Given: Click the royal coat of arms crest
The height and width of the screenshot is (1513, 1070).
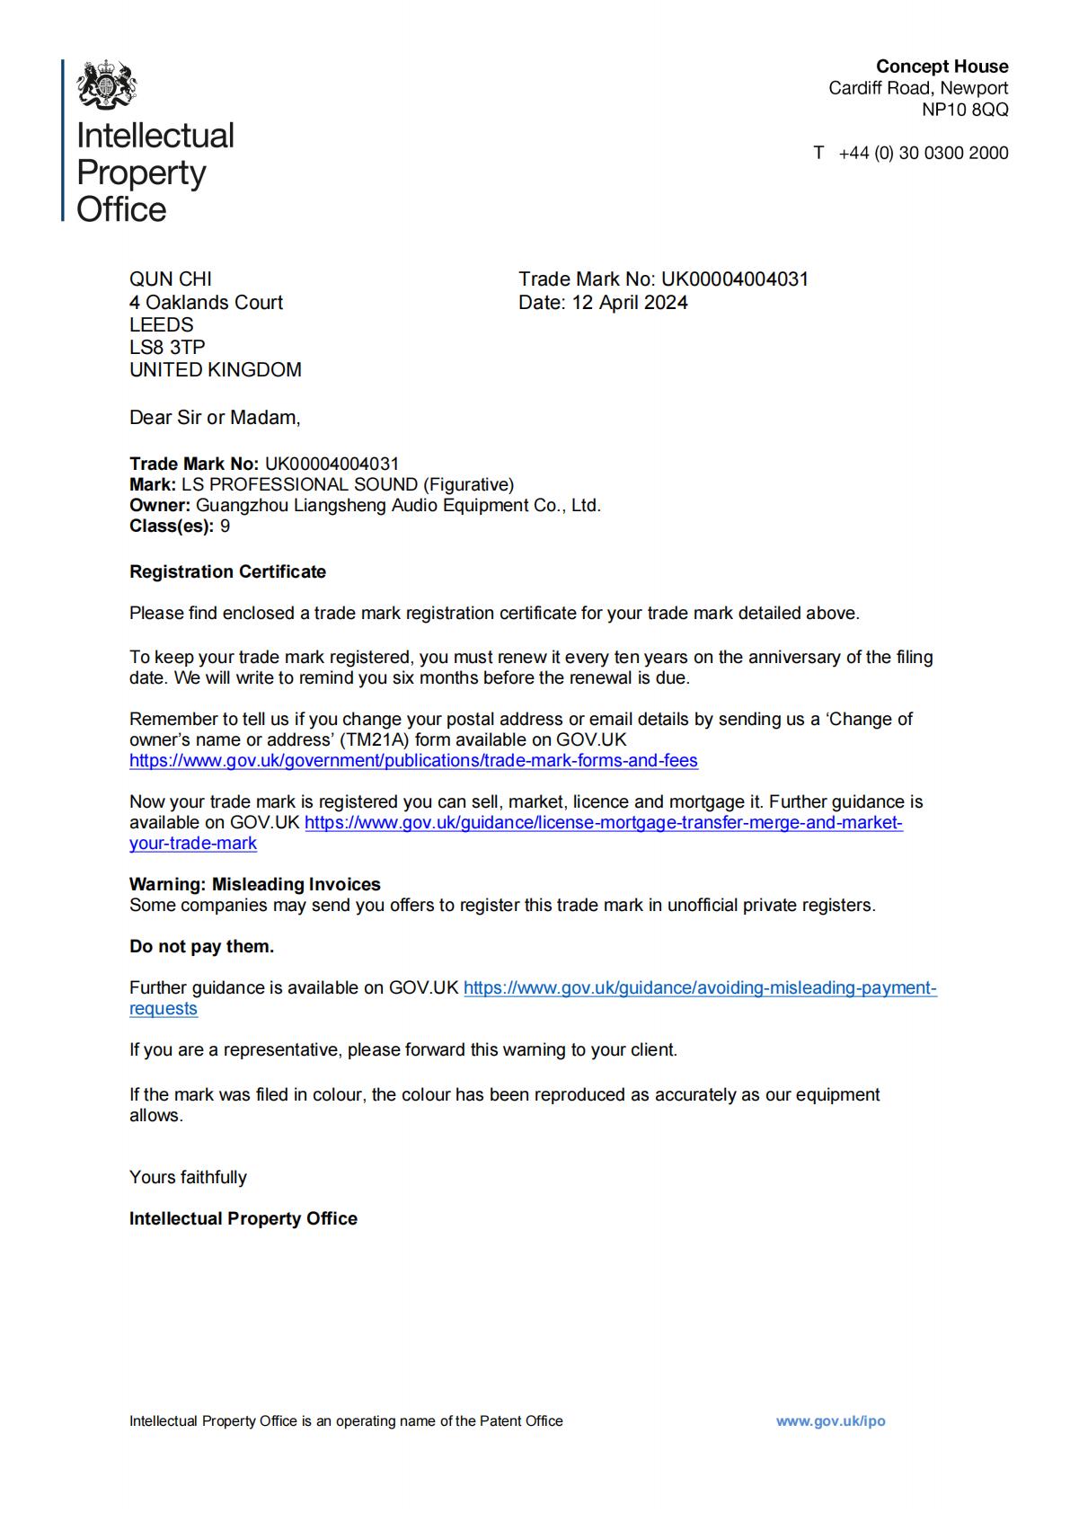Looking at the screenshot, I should (x=107, y=85).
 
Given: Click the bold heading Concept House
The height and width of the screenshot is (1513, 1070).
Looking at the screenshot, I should (x=942, y=66).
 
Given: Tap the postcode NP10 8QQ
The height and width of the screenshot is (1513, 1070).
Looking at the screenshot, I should (x=964, y=110).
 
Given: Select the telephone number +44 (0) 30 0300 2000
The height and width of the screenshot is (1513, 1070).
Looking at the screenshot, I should (x=923, y=153).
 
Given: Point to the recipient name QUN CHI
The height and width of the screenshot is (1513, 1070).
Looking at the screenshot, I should (x=171, y=279).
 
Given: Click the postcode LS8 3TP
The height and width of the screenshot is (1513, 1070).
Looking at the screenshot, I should (x=167, y=347).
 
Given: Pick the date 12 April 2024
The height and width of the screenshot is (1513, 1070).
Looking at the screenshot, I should (x=630, y=303).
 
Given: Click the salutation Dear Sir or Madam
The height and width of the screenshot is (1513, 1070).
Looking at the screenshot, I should (x=215, y=417).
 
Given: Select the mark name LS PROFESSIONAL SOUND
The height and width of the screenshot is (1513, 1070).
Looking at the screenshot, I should (x=299, y=485).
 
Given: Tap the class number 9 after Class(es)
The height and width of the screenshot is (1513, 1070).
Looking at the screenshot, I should (x=225, y=526).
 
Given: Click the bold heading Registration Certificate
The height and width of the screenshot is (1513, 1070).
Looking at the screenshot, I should (x=227, y=572).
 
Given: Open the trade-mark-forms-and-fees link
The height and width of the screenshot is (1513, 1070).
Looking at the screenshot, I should (x=413, y=761).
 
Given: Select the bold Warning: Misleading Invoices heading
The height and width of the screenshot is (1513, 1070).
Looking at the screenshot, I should (x=255, y=884).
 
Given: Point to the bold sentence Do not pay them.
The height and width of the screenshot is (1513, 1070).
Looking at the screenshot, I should (x=201, y=946).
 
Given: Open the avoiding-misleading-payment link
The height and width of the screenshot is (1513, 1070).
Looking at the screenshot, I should (x=699, y=988).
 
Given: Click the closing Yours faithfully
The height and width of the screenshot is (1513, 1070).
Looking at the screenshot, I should (x=188, y=1177).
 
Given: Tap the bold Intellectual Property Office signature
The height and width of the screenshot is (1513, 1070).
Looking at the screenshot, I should (x=243, y=1218).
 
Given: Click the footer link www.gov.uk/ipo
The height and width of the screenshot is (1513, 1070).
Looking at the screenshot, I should (x=830, y=1420).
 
